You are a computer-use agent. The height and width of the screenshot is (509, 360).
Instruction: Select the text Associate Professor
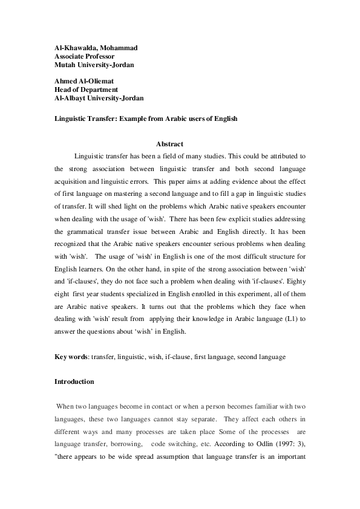[85, 56]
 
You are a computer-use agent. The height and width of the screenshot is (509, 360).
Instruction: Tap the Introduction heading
[74, 382]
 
